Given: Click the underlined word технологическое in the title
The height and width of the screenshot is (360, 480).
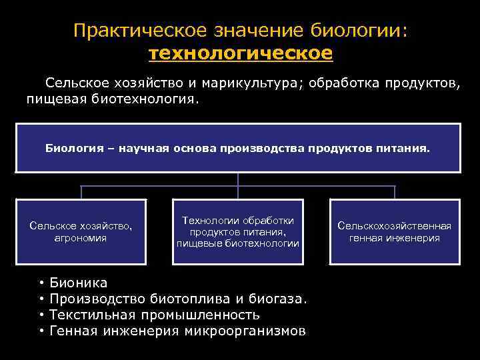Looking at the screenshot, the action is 239,53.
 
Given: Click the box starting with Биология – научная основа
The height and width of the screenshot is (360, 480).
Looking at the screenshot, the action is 238,147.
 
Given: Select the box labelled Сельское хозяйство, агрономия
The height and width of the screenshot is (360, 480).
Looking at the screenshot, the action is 81,231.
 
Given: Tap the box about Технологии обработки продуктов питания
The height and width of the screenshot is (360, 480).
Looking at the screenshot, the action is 238,231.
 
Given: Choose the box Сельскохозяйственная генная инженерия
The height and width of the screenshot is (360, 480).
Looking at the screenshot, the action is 395,231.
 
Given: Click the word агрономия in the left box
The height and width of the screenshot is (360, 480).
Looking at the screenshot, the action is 81,238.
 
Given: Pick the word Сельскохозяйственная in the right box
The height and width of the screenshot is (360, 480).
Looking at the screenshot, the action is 395,226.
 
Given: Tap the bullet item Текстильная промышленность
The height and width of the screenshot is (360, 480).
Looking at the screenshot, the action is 155,315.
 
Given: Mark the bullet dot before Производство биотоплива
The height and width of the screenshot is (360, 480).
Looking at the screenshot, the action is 41,299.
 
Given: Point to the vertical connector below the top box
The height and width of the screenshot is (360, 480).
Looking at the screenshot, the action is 238,179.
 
